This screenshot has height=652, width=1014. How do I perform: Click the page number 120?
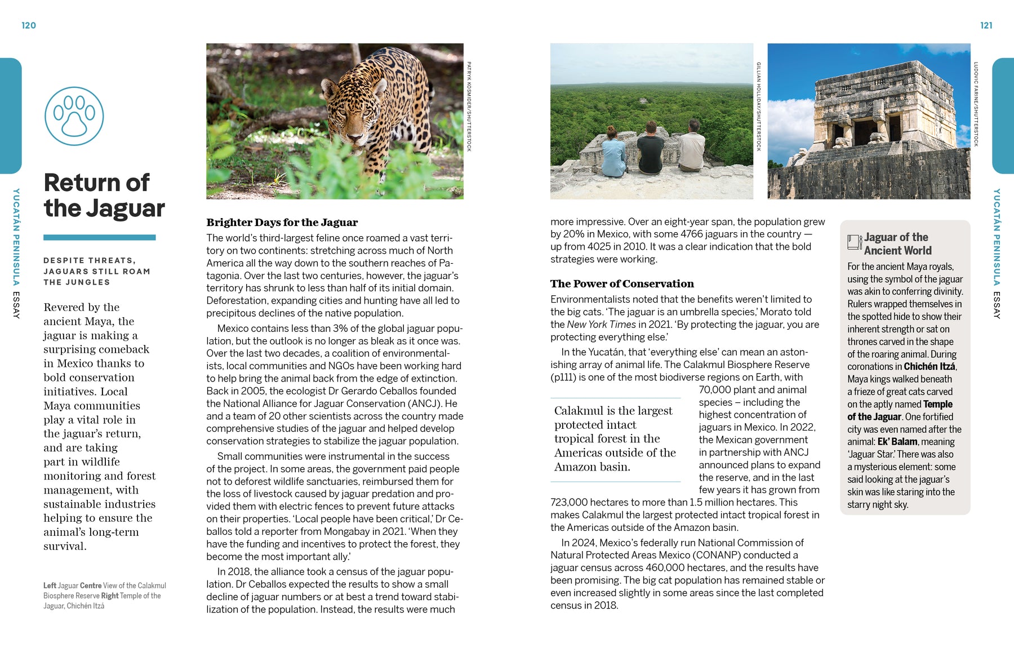[x=29, y=25]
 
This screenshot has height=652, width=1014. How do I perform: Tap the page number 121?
[x=986, y=25]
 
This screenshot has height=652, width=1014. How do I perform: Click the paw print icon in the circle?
[x=74, y=116]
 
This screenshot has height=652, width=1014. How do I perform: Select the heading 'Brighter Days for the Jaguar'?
[x=282, y=222]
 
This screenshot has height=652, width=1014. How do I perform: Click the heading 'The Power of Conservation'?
[x=622, y=283]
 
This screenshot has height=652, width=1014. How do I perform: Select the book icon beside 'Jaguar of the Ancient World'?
[x=854, y=242]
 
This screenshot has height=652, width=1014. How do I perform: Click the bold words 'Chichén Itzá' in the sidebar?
[x=929, y=366]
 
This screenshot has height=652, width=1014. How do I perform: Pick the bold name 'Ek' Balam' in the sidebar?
[x=897, y=442]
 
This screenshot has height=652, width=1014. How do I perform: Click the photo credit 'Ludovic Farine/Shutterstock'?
[x=976, y=104]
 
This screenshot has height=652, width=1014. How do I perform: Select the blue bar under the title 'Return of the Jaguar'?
[x=99, y=238]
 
